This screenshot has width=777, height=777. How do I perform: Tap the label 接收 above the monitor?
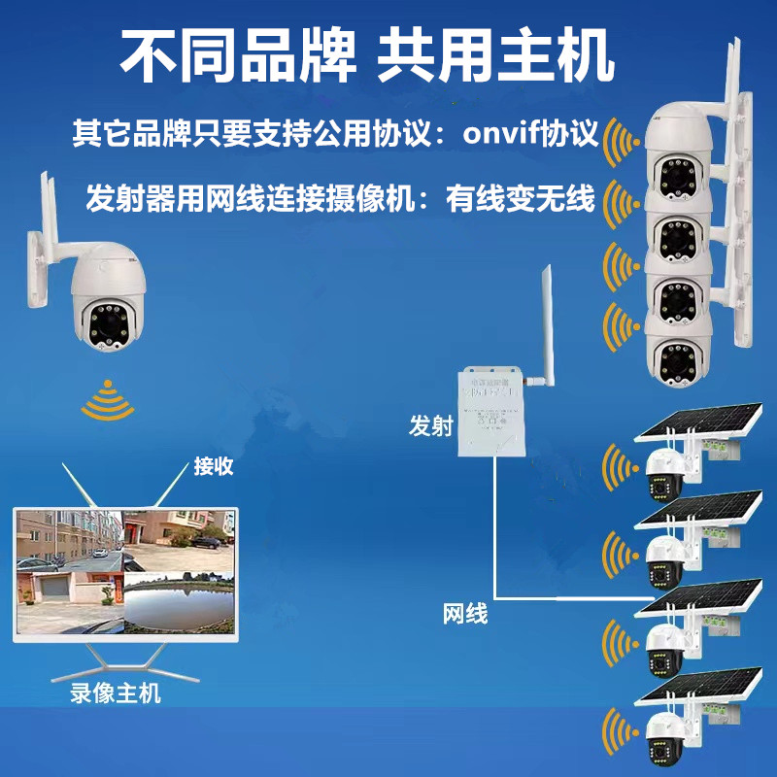point(214,466)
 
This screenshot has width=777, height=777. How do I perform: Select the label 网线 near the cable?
point(464,614)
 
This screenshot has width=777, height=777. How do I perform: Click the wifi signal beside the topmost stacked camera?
point(618,146)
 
